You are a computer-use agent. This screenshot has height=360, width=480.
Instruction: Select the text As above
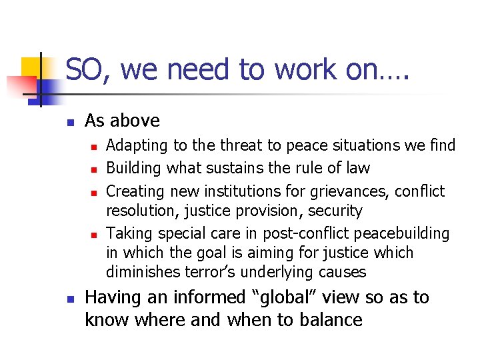[123, 121]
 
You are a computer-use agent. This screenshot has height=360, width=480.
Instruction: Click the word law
[357, 168]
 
